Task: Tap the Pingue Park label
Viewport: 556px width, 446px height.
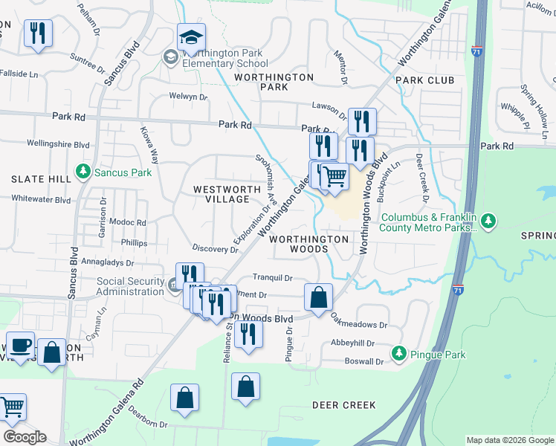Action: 439,355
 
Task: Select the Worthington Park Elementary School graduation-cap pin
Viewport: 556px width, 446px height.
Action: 191,37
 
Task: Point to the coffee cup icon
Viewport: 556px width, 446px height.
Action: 21,346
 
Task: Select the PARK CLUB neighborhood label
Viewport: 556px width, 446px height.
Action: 424,80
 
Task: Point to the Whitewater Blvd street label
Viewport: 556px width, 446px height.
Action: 41,199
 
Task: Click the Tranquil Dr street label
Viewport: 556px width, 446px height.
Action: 273,277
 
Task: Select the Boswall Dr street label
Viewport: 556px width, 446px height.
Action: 364,362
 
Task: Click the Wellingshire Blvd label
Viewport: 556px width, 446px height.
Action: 58,144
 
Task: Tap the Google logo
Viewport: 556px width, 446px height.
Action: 25,437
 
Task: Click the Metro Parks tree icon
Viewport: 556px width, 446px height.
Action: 488,220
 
